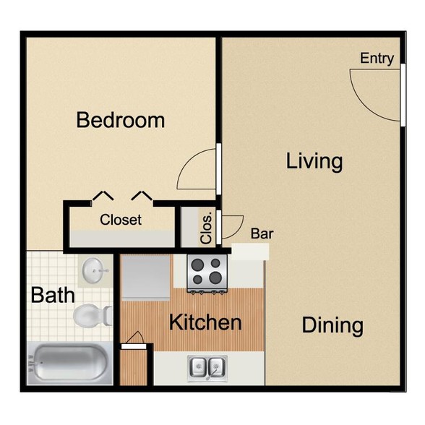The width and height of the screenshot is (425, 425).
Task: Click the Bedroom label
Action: [121, 120]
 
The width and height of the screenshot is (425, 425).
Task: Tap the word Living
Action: [314, 160]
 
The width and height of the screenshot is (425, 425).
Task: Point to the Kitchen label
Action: [205, 322]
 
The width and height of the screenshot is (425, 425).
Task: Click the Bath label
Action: [52, 295]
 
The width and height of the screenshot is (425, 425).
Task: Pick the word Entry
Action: [377, 59]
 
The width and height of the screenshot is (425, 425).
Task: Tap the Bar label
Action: [262, 233]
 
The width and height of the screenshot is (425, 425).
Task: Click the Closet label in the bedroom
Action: [121, 220]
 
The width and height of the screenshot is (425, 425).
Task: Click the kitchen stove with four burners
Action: [208, 272]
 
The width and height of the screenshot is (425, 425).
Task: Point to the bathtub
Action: [70, 363]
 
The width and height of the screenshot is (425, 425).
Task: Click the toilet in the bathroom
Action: [92, 315]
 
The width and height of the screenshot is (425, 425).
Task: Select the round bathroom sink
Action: [94, 271]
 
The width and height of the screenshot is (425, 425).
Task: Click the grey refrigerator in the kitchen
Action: [146, 277]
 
